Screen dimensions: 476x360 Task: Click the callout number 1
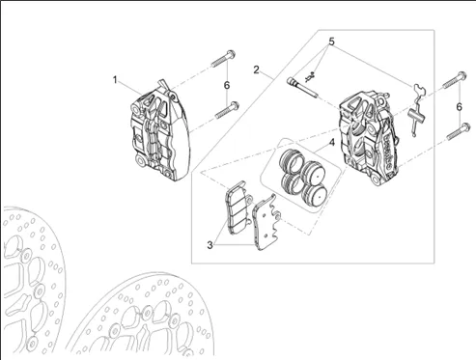click(115, 80)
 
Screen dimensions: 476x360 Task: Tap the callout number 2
click(256, 69)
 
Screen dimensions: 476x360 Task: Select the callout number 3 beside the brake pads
click(210, 245)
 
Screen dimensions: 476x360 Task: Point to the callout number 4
click(332, 142)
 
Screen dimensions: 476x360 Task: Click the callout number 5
click(331, 42)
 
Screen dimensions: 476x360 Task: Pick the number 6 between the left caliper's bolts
click(227, 86)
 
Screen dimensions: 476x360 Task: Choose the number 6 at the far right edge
click(460, 107)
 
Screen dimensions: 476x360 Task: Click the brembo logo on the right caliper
click(387, 152)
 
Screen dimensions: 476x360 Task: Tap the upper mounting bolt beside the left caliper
click(223, 58)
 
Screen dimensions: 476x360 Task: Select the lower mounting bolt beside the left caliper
click(227, 110)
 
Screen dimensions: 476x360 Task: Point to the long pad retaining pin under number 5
click(302, 87)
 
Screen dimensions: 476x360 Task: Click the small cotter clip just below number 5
click(310, 77)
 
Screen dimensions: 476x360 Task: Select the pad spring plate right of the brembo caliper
click(417, 110)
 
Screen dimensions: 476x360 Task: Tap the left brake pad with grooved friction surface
click(238, 208)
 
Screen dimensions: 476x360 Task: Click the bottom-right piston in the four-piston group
click(315, 195)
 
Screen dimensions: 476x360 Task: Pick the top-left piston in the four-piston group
click(292, 160)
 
